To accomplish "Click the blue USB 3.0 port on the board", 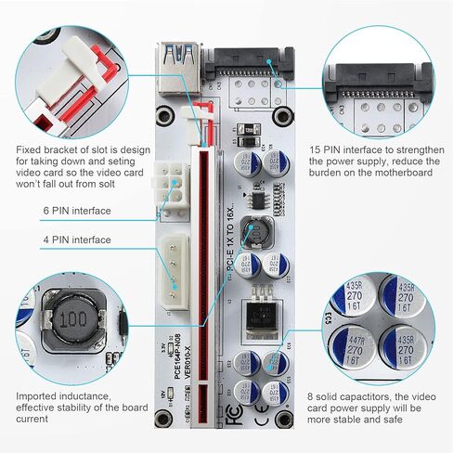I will coord(177,65).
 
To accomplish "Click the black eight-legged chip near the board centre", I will coord(265,198).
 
